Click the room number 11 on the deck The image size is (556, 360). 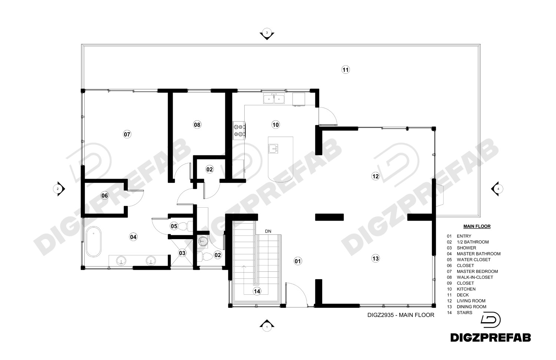[x=345, y=70]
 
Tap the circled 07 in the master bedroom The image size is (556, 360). [x=127, y=134]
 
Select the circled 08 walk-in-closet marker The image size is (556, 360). [x=197, y=124]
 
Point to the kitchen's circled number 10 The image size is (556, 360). [x=276, y=124]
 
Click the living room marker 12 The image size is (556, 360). [x=375, y=176]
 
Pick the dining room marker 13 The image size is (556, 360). [x=375, y=258]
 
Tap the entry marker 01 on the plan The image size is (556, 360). [x=298, y=261]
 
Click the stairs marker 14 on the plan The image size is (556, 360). [x=257, y=291]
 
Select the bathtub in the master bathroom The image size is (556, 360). [x=93, y=241]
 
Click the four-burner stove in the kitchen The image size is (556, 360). [x=239, y=131]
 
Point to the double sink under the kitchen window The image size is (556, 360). [x=274, y=99]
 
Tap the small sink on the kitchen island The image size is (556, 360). [x=273, y=148]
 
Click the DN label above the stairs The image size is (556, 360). [x=268, y=231]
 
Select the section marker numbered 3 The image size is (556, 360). [x=267, y=34]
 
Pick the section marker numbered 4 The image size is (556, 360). [x=497, y=189]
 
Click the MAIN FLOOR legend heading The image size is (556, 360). [x=477, y=227]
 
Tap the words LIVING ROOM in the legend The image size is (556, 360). [x=471, y=301]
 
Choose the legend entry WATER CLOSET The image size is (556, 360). [x=474, y=260]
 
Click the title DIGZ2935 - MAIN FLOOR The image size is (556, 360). [x=401, y=315]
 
